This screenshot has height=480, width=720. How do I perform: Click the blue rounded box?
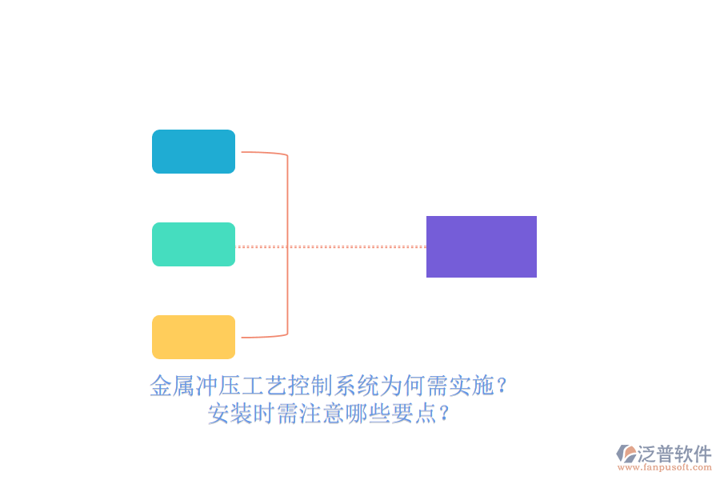(x=194, y=151)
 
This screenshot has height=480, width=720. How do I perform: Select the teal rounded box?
(x=194, y=244)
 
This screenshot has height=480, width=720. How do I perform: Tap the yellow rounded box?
(x=194, y=337)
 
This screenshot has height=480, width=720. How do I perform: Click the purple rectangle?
(x=482, y=246)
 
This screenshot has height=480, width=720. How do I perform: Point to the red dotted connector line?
(x=330, y=246)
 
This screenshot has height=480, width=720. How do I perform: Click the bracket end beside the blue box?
(x=242, y=151)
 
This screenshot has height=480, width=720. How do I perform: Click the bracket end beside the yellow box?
(x=242, y=338)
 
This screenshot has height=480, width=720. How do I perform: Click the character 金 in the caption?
(x=161, y=386)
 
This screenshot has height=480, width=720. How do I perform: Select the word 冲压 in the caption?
(x=218, y=386)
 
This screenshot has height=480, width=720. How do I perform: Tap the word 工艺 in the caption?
(x=265, y=386)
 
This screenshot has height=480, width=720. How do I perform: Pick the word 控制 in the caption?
(x=311, y=386)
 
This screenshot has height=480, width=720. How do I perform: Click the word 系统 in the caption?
(x=357, y=386)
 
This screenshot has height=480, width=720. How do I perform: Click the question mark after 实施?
(x=502, y=386)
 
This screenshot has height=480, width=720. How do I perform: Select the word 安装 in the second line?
(x=230, y=414)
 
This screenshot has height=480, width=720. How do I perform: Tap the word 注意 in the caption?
(x=322, y=414)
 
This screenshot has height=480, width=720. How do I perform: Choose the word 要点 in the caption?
(x=414, y=414)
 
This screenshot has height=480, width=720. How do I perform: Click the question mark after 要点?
(x=443, y=414)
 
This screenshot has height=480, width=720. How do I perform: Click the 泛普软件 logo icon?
(x=626, y=454)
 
